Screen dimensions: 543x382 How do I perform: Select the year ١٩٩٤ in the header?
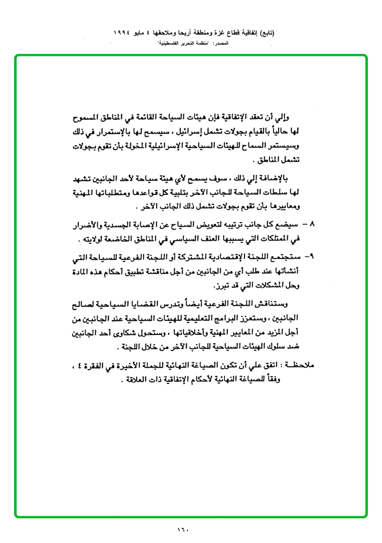click(x=123, y=33)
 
